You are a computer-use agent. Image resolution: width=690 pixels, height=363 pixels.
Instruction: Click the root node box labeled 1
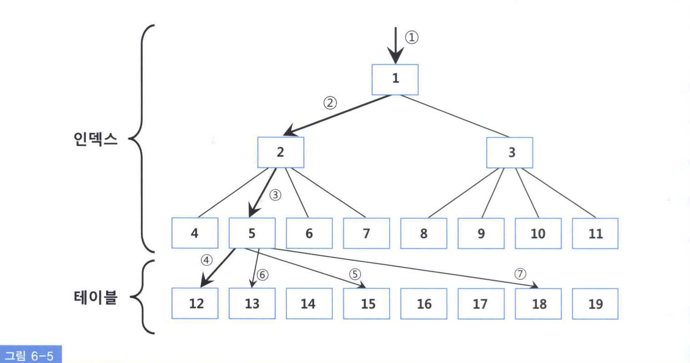click(x=395, y=80)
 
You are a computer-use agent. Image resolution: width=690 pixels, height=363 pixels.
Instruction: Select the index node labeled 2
click(x=280, y=152)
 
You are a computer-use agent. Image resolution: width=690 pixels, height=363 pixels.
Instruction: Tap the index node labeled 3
click(x=510, y=152)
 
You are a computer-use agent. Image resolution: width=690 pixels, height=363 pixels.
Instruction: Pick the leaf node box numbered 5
click(x=252, y=233)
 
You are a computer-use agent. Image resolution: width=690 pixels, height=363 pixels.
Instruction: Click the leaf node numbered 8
click(x=424, y=233)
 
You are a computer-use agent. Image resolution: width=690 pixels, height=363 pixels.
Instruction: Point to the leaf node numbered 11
click(x=595, y=233)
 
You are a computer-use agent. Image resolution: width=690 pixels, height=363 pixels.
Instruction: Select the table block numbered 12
click(x=195, y=303)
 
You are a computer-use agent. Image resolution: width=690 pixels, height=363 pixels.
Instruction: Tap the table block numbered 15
click(x=366, y=303)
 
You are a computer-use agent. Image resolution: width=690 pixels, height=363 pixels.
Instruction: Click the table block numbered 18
click(x=538, y=303)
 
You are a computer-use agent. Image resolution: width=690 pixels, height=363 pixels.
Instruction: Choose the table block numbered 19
click(x=595, y=303)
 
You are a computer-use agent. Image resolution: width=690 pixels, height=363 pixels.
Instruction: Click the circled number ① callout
click(x=411, y=37)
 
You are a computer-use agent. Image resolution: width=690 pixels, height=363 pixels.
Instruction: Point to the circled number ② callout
click(x=330, y=103)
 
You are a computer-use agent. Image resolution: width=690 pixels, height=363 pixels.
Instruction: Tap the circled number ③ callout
click(x=275, y=195)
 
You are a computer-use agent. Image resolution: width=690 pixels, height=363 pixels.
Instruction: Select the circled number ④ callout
click(x=206, y=260)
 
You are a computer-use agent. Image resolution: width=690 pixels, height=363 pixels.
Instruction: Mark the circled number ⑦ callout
click(x=520, y=273)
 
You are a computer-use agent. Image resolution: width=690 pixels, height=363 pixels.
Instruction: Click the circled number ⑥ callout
click(x=262, y=274)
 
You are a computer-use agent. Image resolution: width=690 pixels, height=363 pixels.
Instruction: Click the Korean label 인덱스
click(x=95, y=138)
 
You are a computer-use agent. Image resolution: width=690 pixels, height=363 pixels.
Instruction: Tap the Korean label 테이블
click(x=95, y=298)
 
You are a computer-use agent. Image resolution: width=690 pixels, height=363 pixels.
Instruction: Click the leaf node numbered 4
click(x=195, y=233)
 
